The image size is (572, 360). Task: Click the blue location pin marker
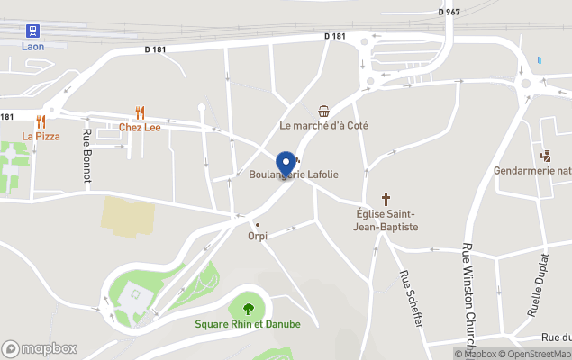[287, 164]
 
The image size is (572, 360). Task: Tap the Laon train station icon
[33, 30]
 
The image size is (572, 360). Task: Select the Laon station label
[33, 46]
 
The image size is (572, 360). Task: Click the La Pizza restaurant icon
[41, 121]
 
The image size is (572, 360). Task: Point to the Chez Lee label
[140, 127]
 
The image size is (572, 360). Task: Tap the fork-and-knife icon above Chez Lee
[140, 112]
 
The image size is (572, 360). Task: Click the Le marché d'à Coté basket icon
[323, 111]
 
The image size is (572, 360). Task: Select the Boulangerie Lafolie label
[294, 175]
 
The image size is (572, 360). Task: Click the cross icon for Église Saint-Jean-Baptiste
[386, 199]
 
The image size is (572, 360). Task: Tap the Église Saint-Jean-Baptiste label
[386, 220]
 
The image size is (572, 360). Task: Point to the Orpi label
[258, 236]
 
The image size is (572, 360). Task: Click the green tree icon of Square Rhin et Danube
[249, 309]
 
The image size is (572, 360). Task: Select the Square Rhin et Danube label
[249, 324]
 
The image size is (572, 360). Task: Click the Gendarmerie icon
[546, 155]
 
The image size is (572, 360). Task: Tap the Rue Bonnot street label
[87, 156]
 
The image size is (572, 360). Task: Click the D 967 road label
[449, 12]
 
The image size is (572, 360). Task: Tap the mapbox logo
[40, 348]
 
